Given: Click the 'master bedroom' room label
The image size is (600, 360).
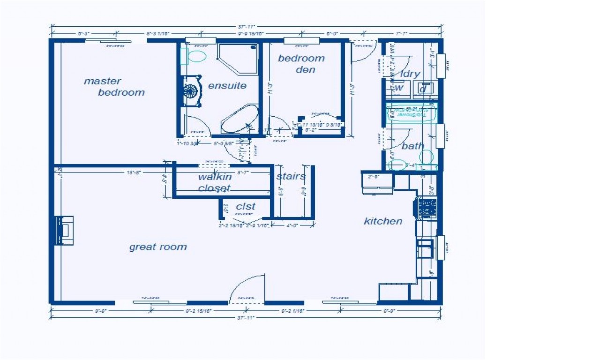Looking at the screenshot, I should point(114,87).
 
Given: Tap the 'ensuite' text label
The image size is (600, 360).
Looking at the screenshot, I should point(227,86).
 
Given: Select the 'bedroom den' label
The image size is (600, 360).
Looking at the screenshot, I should point(301,64).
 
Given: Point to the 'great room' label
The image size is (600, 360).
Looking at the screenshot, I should point(158,247).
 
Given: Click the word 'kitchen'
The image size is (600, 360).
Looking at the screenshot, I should point(383,221).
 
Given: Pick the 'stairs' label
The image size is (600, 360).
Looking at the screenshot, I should point(291,177).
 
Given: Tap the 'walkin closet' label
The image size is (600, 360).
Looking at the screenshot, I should point(215,182).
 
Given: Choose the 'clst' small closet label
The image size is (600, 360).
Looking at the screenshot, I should point(246,206).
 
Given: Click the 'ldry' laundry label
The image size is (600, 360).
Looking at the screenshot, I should point(410,74).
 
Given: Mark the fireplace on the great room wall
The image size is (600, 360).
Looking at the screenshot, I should point(64,230).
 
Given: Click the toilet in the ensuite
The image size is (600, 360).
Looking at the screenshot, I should point(195,57).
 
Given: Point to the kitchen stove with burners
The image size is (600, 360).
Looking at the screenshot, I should point(427,208).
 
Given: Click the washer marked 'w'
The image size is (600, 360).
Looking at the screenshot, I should point(398,88).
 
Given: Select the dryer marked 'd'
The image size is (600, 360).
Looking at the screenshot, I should point(423,88).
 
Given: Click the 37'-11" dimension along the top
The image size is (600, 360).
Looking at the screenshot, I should point(246,27).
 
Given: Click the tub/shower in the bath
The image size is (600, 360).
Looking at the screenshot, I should point(411,114).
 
